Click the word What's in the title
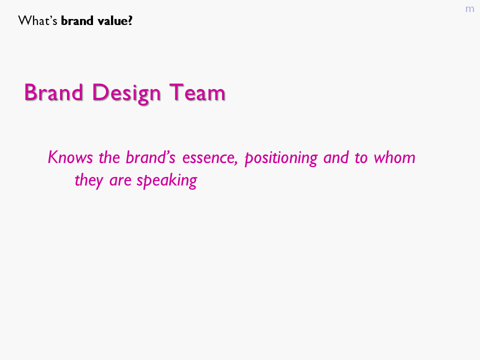click(37, 21)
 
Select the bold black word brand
click(77, 21)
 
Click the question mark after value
click(130, 21)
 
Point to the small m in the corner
click(469, 9)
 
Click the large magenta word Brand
click(53, 92)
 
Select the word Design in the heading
click(126, 93)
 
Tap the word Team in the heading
click(197, 92)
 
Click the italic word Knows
click(70, 157)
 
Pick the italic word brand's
click(150, 157)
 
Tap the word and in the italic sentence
click(336, 157)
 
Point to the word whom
click(394, 157)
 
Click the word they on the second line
click(89, 180)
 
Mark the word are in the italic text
click(120, 181)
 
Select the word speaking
click(167, 180)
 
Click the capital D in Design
click(100, 92)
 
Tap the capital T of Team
click(176, 92)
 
